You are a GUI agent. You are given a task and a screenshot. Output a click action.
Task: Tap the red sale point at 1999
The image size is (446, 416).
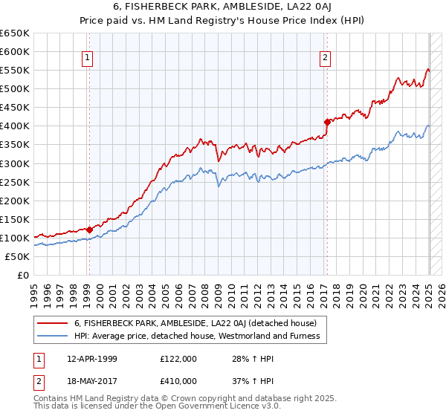[89, 230]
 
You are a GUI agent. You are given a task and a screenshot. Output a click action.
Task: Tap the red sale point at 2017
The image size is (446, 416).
[327, 122]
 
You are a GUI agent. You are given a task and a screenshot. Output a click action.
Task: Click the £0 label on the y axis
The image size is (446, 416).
[22, 275]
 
